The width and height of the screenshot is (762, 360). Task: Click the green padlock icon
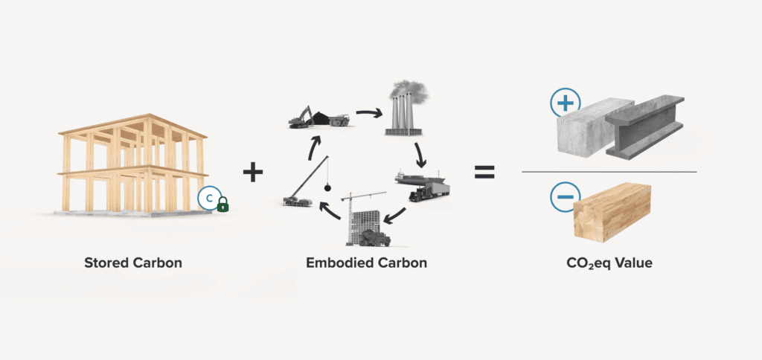(x=222, y=205)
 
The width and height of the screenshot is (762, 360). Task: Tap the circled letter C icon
(x=208, y=199)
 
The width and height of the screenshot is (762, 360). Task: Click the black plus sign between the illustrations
(x=253, y=173)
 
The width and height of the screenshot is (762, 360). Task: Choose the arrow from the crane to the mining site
(x=315, y=143)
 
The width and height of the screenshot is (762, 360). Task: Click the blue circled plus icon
(x=565, y=103)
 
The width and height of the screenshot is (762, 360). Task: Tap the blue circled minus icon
(x=565, y=198)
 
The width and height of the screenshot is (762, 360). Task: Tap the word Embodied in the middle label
(x=336, y=263)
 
